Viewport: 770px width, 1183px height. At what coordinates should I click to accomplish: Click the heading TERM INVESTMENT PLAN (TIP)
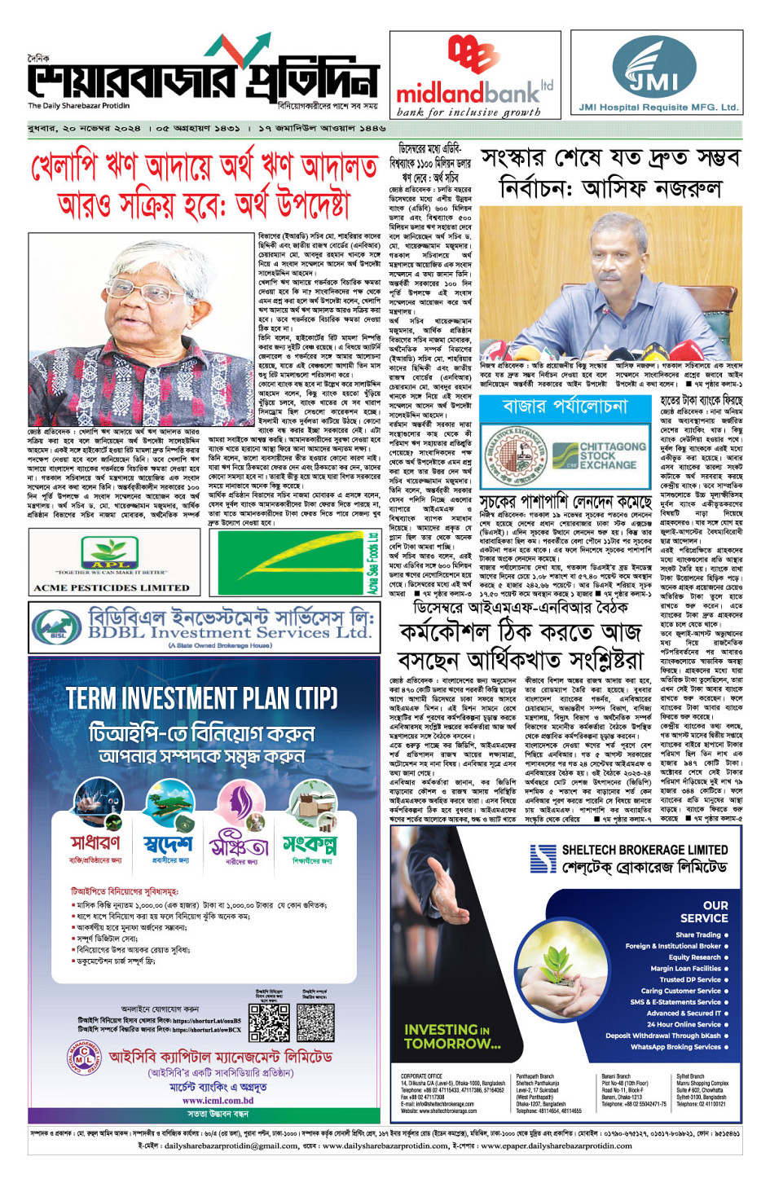202,698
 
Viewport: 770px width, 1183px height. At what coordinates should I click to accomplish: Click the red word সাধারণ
95,842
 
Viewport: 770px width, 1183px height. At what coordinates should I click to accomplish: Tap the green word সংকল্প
309,843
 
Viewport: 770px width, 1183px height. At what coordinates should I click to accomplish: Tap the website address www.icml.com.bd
218,1100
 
